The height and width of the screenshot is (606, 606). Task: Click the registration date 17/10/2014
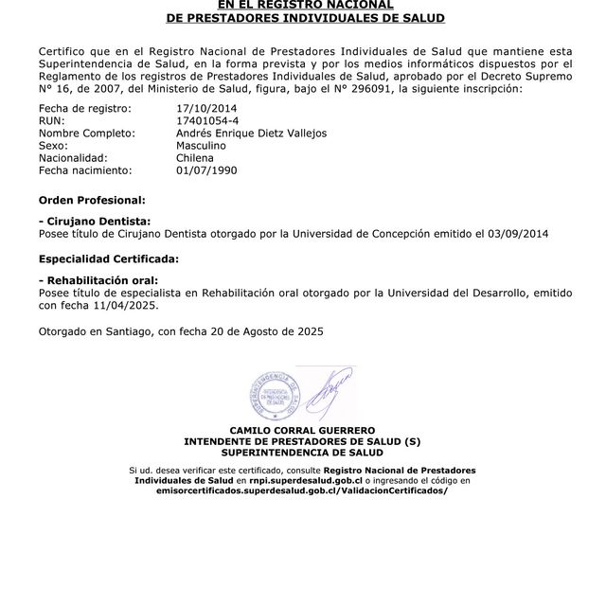(205, 109)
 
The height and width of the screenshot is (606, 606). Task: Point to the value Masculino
(201, 146)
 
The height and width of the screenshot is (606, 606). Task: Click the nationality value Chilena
(195, 158)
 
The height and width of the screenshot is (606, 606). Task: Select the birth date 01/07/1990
(205, 170)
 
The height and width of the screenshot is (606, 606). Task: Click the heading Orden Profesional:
(92, 201)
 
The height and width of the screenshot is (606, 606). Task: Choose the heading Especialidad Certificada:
(108, 258)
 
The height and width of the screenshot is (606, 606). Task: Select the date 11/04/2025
(127, 306)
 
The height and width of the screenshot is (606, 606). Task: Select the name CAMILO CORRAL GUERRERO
(302, 431)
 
